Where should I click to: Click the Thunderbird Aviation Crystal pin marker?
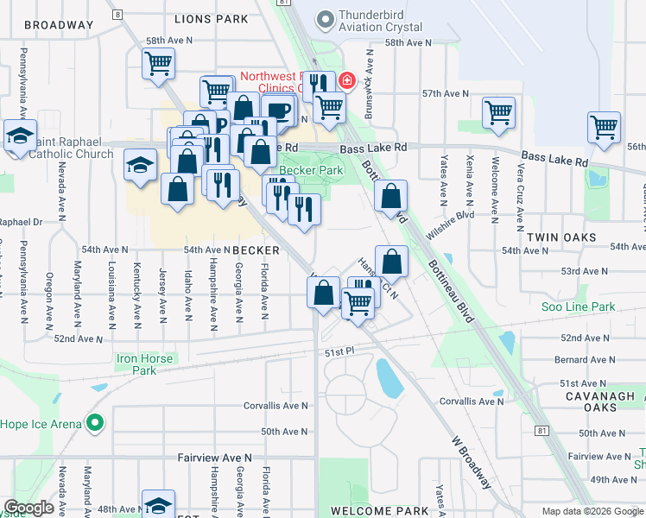[x=325, y=18]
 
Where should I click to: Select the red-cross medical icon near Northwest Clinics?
[x=347, y=81]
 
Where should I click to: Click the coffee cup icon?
[x=278, y=110]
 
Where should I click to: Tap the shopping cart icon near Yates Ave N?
[x=499, y=112]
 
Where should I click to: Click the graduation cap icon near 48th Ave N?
[x=158, y=504]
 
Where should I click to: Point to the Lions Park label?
[x=211, y=18]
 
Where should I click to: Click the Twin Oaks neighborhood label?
[x=555, y=236]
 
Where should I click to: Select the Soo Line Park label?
[x=577, y=306]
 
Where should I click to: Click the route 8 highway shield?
[x=117, y=15]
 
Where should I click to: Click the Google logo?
[x=28, y=508]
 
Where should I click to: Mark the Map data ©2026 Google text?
[x=592, y=511]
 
